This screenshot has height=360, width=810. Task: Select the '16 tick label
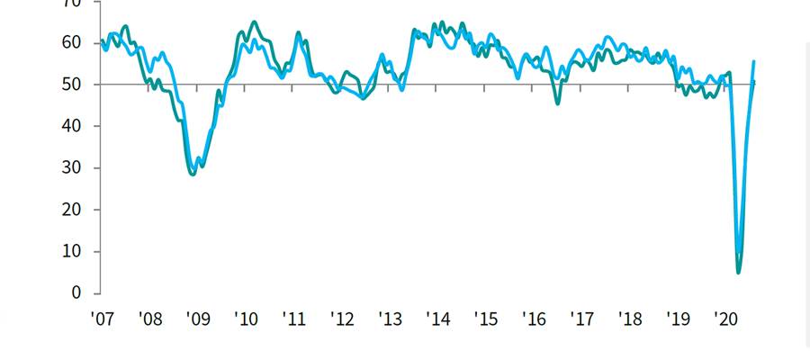tap(534, 319)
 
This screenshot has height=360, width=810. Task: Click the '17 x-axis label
tap(581, 319)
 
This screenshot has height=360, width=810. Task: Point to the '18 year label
tap(629, 319)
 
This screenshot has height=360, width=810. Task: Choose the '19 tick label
tap(677, 319)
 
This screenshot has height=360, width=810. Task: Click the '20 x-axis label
tap(724, 319)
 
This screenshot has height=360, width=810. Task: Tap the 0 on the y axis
tap(76, 293)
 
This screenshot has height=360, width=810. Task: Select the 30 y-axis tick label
tap(71, 168)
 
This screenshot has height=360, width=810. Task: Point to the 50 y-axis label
tap(71, 85)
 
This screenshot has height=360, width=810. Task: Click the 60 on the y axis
tap(71, 43)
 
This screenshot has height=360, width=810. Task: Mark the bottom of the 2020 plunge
tap(739, 272)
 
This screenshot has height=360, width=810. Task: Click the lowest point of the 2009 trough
tap(193, 174)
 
